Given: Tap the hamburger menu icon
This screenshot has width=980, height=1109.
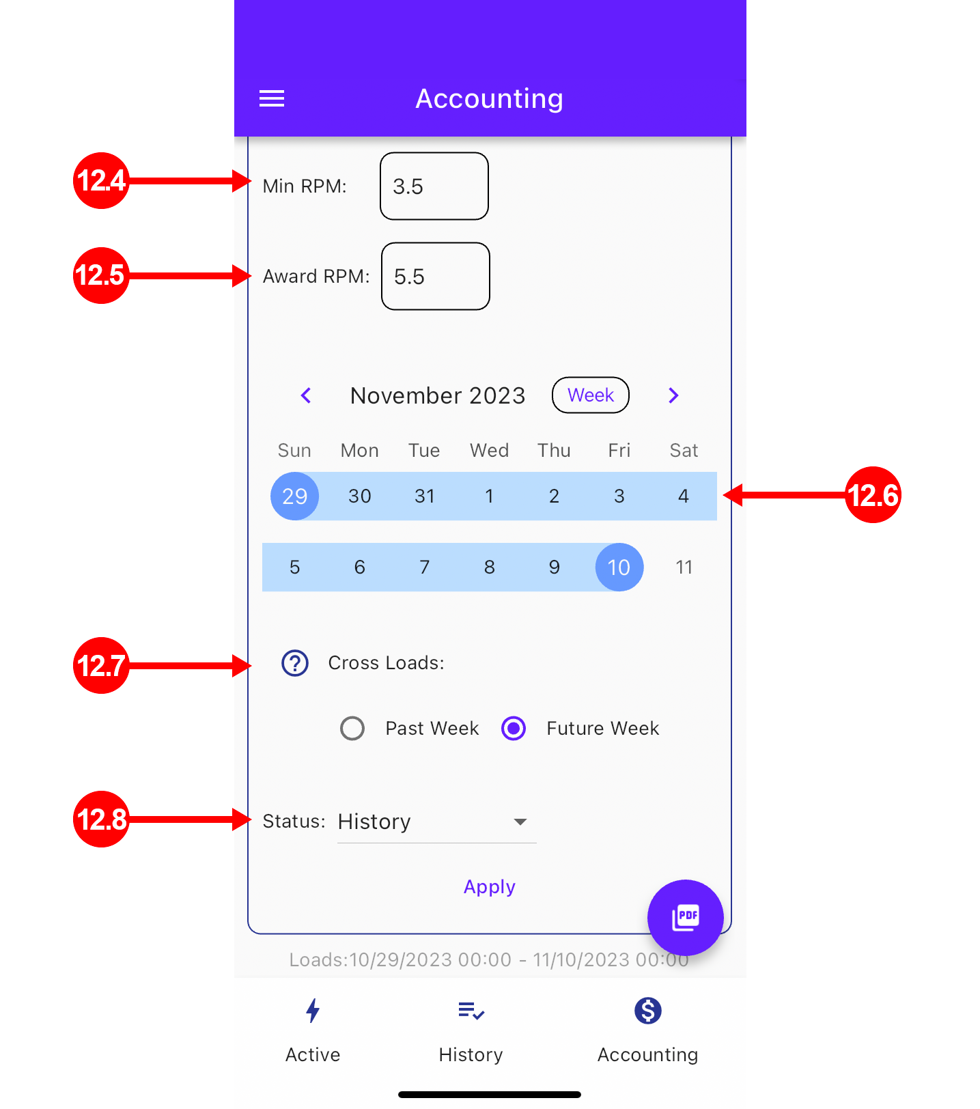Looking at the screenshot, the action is (272, 99).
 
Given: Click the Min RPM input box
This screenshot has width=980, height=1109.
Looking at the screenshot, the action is (434, 186).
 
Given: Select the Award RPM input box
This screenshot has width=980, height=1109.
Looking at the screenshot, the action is (436, 276).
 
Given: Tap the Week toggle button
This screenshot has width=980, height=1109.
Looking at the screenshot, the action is (591, 395).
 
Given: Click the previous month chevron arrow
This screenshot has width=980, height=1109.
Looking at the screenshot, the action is (306, 395).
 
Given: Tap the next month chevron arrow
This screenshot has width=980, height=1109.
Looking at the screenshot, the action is (673, 395).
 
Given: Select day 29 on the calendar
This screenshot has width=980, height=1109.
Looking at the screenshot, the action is (295, 496).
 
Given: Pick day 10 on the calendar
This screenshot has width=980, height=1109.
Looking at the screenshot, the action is (619, 567).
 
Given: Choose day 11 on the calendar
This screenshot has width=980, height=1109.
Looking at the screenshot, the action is (684, 567).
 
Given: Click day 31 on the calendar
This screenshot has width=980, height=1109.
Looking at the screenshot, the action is (425, 496).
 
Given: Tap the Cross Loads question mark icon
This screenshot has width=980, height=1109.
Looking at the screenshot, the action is (295, 663).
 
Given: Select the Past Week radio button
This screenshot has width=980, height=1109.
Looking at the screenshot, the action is (352, 728).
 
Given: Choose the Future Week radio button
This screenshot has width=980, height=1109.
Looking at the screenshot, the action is (514, 728).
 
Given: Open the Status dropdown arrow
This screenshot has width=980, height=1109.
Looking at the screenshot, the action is (520, 822).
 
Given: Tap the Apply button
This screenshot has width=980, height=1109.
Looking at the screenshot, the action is (490, 886).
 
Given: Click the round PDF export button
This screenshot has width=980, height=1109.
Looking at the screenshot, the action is (686, 917).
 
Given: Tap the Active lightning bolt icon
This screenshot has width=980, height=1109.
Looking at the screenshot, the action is (313, 1011).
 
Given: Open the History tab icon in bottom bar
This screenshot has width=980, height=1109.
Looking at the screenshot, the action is (471, 1011).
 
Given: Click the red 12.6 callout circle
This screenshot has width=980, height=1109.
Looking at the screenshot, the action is (873, 495).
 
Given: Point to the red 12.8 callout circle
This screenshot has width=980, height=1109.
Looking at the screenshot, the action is (101, 819).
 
